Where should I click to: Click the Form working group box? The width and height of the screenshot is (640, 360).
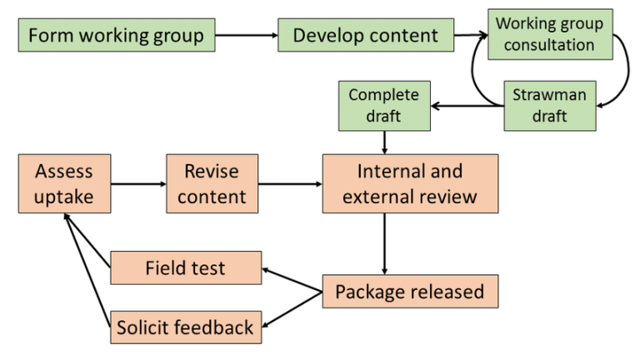pos(116,36)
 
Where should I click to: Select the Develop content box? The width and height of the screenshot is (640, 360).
pos(365,36)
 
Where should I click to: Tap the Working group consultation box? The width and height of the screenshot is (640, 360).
pos(549,34)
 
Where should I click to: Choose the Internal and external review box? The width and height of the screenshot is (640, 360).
pos(410,183)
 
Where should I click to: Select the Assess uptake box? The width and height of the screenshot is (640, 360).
pos(63,183)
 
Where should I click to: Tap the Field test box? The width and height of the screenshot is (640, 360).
pos(185,268)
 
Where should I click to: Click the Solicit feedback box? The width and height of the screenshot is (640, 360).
pos(185,327)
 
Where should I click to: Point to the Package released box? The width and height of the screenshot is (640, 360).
pos(409,292)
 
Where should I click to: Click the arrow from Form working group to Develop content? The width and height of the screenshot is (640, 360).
pos(246,36)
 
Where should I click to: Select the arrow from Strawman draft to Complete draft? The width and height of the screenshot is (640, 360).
pos(467,105)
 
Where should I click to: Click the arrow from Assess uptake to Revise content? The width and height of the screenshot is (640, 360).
pos(137,183)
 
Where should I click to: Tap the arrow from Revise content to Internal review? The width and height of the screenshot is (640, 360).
pos(292,183)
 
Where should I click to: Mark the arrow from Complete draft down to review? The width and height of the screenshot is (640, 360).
pos(383,142)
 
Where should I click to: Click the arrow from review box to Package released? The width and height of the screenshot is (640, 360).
pos(384,243)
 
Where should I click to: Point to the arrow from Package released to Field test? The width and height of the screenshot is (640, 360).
pos(292,280)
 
